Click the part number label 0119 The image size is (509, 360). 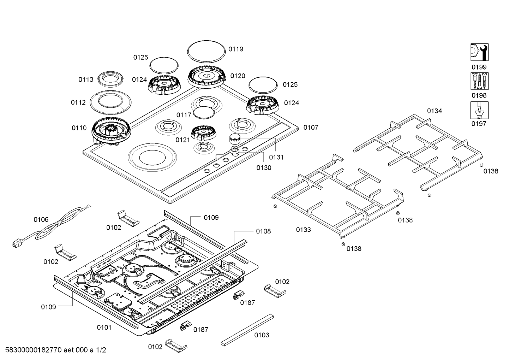(235, 49)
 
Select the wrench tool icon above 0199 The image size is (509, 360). (479, 52)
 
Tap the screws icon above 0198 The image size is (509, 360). (479, 81)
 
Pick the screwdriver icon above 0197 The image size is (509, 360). (479, 110)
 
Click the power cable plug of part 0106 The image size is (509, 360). (16, 244)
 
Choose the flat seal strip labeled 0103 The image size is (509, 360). (247, 329)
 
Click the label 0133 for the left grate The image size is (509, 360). (303, 230)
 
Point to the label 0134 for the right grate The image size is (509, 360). (434, 111)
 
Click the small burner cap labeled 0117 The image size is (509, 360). (204, 113)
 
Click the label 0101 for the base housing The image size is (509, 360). (104, 327)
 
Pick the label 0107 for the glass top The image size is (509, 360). (311, 128)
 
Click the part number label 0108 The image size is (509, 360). (263, 231)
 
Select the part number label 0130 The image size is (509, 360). (264, 168)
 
